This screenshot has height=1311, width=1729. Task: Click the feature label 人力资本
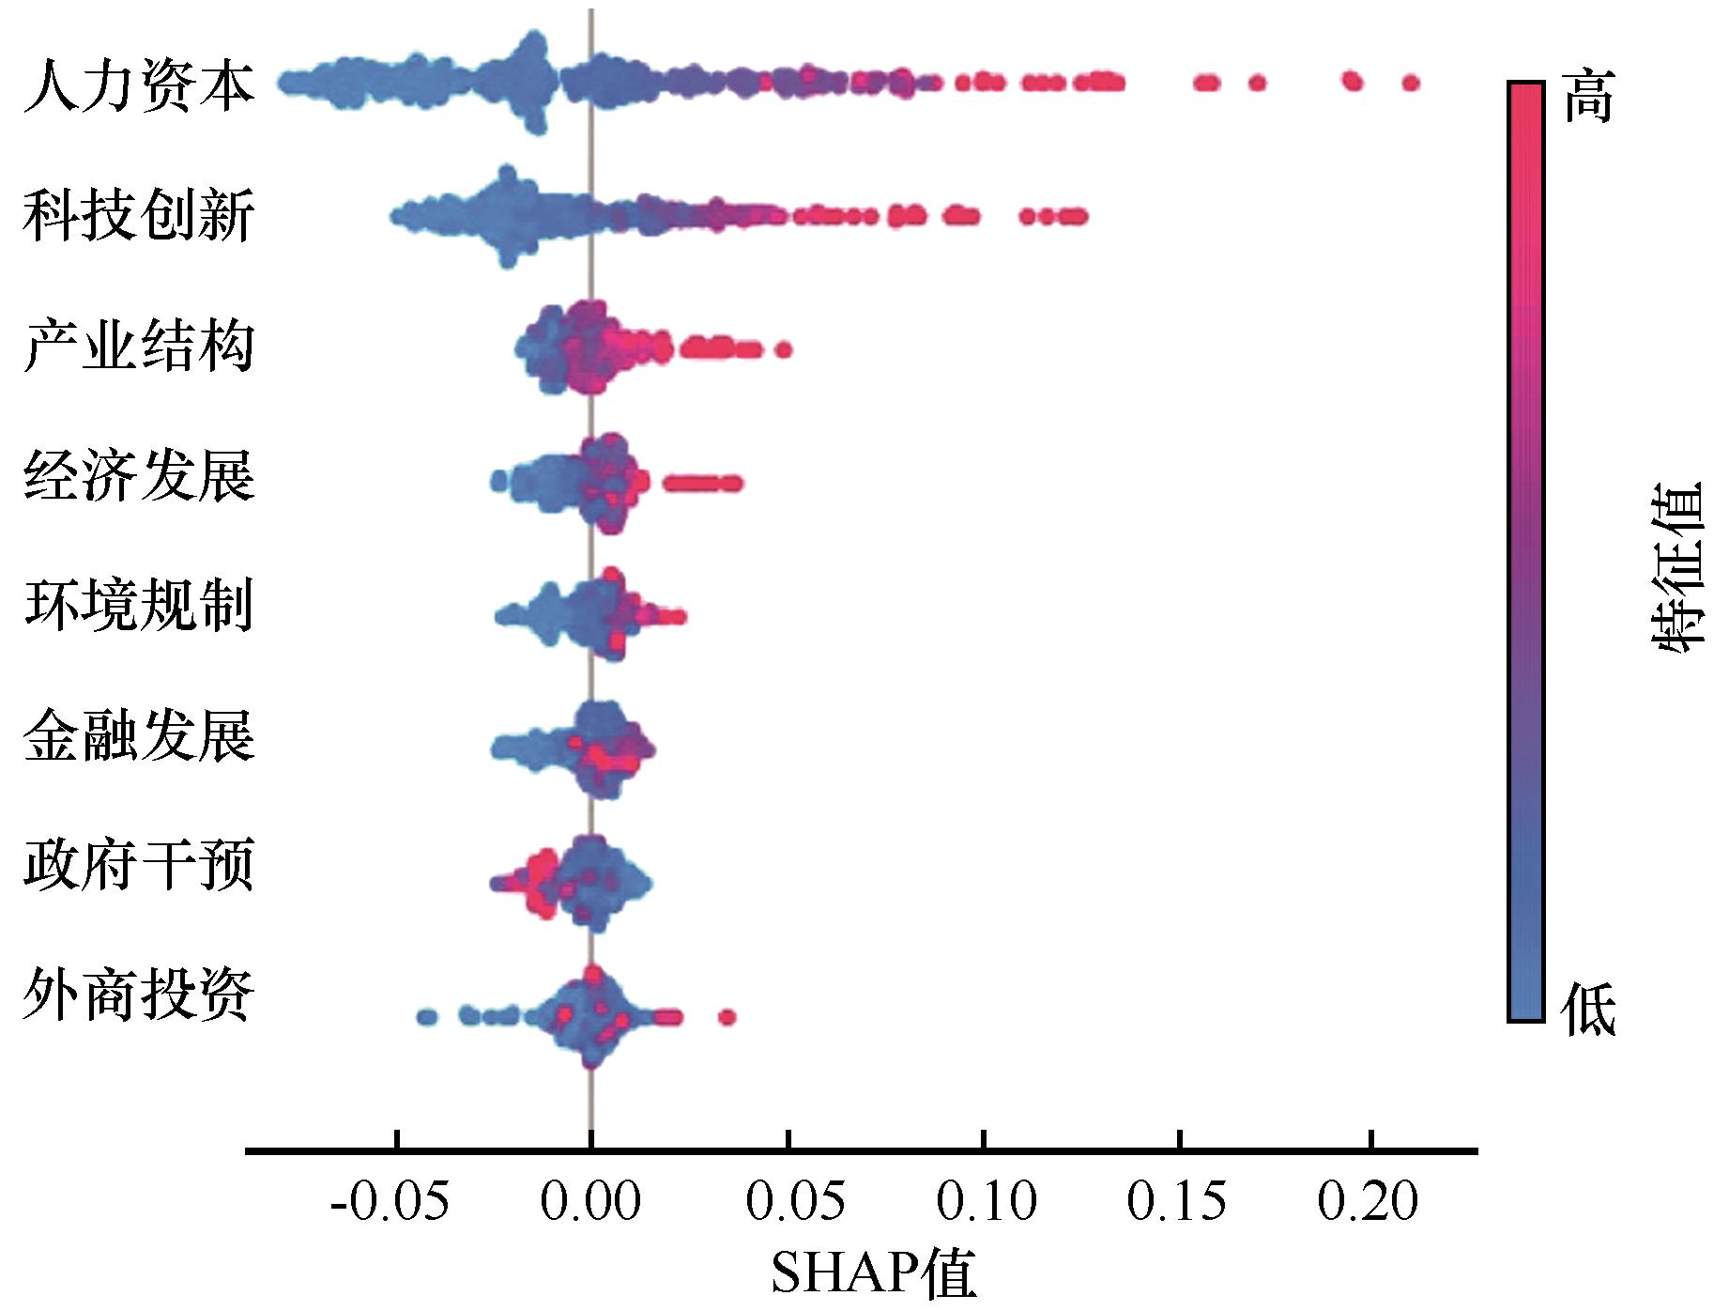(139, 85)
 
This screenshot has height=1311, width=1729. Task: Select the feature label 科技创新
(139, 215)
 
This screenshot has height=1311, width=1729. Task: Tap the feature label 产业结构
(139, 346)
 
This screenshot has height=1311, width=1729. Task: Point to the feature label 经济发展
(139, 475)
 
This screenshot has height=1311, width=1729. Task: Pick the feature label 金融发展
(139, 734)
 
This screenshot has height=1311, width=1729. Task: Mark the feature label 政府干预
(139, 864)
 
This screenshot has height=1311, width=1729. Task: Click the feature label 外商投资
(139, 995)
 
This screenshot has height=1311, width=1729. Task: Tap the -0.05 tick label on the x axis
(390, 1201)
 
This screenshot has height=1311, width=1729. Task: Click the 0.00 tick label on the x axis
(590, 1201)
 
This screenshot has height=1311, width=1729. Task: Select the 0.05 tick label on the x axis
(795, 1201)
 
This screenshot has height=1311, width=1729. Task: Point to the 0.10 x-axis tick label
(987, 1201)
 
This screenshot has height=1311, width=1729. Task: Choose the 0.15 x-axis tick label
(1176, 1201)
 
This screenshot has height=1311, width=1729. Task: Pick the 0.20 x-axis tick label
(1368, 1201)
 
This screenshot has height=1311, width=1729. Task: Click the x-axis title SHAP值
(874, 1273)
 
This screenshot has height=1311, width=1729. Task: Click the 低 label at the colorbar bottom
(1588, 1010)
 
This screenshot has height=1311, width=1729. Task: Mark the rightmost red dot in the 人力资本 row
(1410, 83)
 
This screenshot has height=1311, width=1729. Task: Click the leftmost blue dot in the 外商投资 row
(426, 1016)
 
